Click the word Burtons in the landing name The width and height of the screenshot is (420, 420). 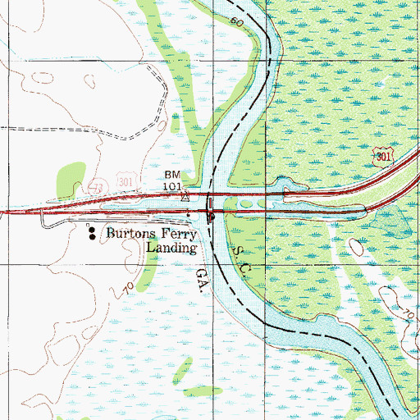coord(130,234)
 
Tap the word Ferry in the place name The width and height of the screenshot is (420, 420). coord(178,234)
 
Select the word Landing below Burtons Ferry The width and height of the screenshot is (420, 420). coord(171,247)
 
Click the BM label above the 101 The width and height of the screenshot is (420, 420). coord(171,176)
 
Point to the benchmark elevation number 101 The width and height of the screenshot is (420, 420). coord(171,186)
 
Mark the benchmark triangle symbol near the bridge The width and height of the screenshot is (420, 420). coord(185,197)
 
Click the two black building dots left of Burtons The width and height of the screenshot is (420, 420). coord(91,234)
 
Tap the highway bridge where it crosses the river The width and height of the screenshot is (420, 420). coord(211,207)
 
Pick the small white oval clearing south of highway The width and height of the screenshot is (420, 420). coord(357,246)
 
